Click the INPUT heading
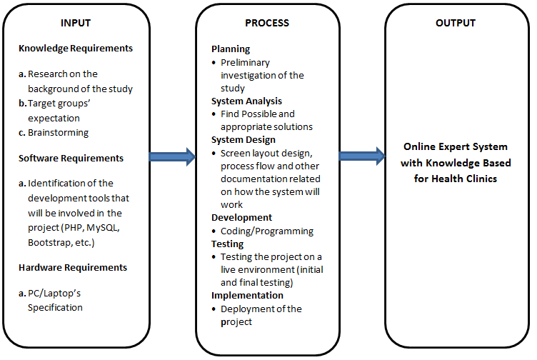tap(76, 23)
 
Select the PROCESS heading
tap(267, 23)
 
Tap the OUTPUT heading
tap(456, 23)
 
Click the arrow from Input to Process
tap(172, 156)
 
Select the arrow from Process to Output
tap(361, 156)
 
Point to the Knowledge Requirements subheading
tap(76, 49)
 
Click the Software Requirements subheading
tap(71, 158)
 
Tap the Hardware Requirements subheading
tap(73, 267)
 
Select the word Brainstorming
tap(59, 132)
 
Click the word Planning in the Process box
tap(231, 49)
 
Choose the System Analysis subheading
tap(246, 101)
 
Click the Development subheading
tap(241, 217)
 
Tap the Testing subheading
tap(229, 244)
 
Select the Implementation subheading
tap(247, 295)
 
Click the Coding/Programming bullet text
tap(266, 231)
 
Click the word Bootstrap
tap(50, 242)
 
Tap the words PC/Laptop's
tap(60, 294)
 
